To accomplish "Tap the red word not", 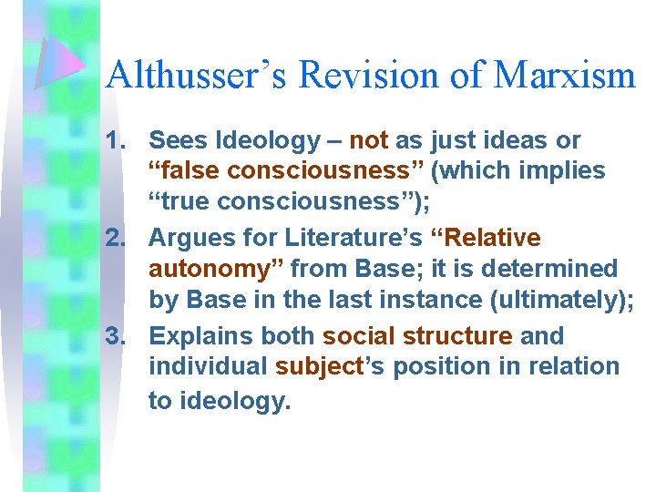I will click(x=369, y=140).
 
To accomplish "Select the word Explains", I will click(x=201, y=336).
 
